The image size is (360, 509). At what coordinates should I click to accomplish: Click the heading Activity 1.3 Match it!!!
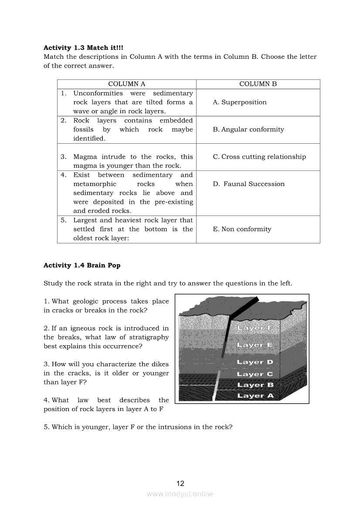[x=83, y=47]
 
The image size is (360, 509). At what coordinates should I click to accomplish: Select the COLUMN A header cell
[x=126, y=84]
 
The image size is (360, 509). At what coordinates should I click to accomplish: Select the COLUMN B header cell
[x=258, y=84]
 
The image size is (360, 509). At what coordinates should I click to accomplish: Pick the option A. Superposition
[x=240, y=102]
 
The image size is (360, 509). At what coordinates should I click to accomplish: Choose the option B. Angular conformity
[x=248, y=129]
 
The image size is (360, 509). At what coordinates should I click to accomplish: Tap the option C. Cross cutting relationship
[x=259, y=157]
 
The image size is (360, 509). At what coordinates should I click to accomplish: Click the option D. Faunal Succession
[x=249, y=184]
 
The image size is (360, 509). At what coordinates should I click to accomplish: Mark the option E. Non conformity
[x=242, y=229]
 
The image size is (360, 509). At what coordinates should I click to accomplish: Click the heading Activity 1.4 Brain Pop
[x=82, y=265]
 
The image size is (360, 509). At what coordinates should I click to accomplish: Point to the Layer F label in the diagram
[x=255, y=328]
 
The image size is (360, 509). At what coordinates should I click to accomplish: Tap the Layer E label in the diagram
[x=255, y=345]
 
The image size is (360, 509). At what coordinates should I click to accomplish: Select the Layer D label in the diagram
[x=255, y=362]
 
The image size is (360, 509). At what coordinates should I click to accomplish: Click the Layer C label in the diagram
[x=255, y=374]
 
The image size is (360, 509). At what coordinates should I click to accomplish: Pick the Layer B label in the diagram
[x=255, y=385]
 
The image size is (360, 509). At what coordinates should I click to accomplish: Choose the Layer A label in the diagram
[x=255, y=396]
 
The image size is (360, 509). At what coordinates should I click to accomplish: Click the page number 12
[x=180, y=483]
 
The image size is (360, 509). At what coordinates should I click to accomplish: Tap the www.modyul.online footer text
[x=180, y=494]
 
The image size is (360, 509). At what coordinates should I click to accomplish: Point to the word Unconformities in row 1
[x=98, y=93]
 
